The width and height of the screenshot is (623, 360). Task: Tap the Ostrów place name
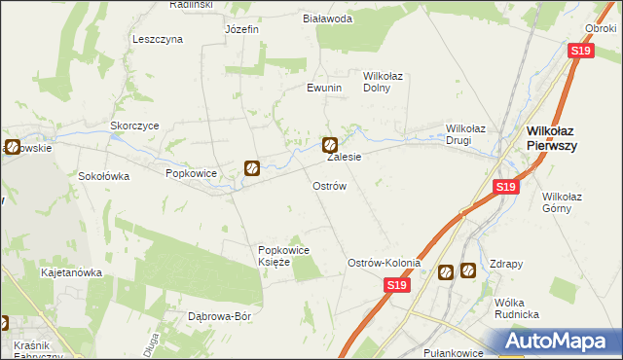tap(329, 185)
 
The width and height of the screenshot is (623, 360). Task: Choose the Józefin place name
tap(241, 29)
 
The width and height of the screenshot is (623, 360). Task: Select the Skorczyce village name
tap(134, 126)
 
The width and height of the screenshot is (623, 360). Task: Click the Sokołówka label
tap(104, 177)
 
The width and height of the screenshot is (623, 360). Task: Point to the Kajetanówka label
tap(71, 272)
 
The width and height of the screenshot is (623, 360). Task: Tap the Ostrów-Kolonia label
tap(385, 263)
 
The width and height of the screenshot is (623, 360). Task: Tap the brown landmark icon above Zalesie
tap(330, 145)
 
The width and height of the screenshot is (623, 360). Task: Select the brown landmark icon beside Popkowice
tap(251, 168)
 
